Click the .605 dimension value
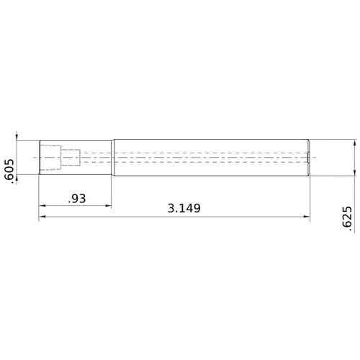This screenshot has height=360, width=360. (8, 172)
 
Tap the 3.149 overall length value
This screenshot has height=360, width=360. (184, 208)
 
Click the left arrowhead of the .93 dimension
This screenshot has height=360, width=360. (42, 206)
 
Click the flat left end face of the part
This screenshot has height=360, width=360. (39, 156)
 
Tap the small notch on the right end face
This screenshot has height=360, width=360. (308, 156)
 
